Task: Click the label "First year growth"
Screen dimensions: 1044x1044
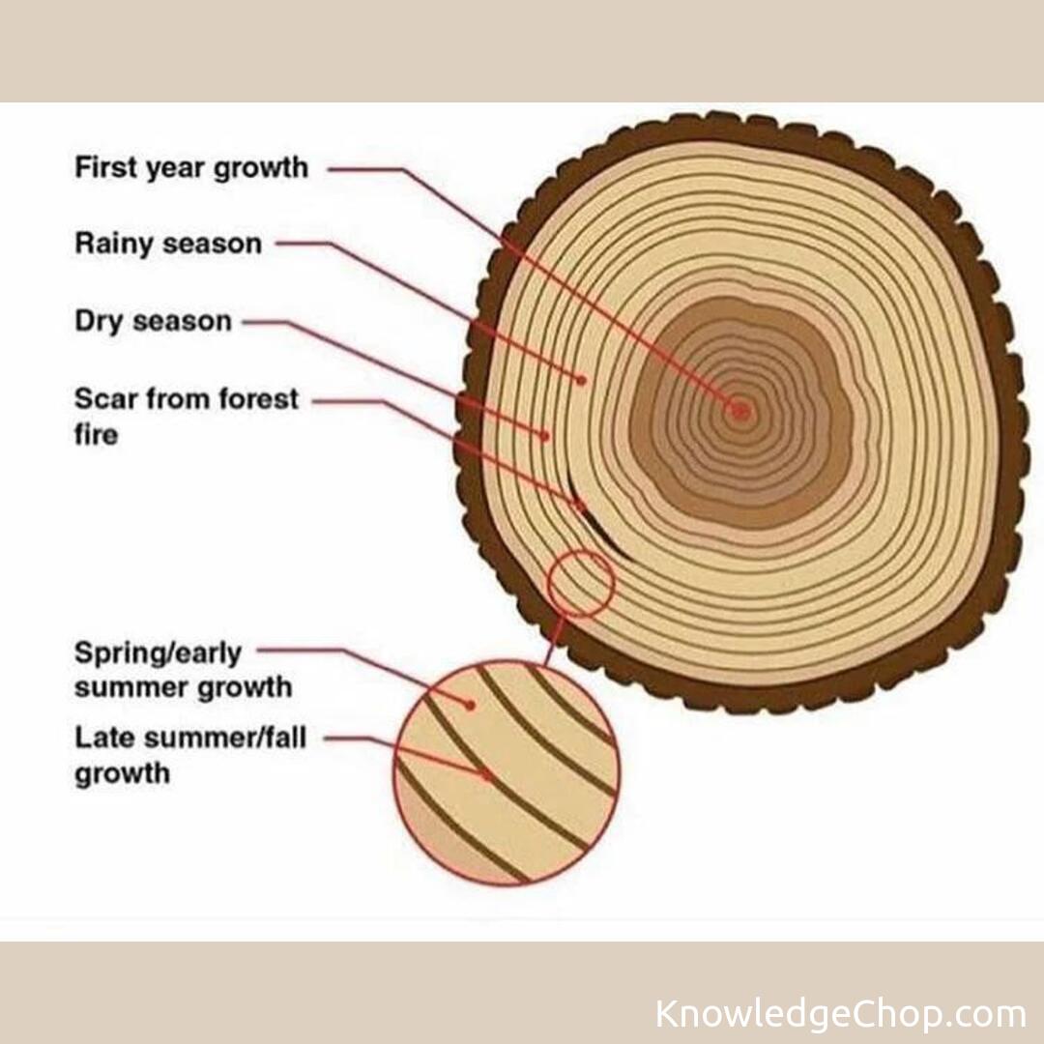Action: point(191,168)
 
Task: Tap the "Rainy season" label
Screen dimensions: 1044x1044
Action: point(168,244)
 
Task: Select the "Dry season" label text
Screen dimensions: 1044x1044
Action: point(153,321)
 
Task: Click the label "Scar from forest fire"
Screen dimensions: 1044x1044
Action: point(187,416)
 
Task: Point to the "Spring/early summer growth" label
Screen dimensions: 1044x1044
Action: point(183,670)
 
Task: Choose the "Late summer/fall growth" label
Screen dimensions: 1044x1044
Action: point(190,755)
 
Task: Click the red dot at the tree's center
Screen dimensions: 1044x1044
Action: point(740,410)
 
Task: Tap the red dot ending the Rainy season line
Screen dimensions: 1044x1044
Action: point(582,380)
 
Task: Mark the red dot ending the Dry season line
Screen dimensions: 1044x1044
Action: point(545,436)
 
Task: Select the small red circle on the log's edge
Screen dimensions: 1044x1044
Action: point(581,582)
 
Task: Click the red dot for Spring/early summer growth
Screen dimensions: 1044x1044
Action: point(470,705)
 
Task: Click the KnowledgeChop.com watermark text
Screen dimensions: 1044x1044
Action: point(840,1015)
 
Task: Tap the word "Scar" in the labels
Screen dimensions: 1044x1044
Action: point(104,398)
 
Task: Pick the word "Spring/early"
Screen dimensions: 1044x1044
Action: point(158,653)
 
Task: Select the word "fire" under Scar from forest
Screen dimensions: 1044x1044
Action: point(96,435)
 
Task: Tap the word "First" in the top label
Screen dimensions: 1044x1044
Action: point(106,167)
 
